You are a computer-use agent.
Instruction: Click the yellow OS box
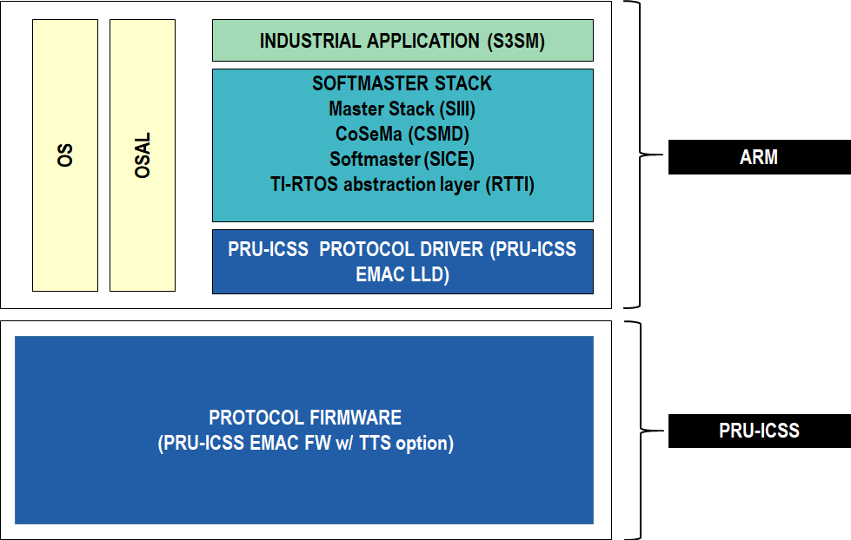[65, 155]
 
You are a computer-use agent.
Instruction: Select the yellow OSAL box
[143, 155]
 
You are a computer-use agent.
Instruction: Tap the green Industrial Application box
[402, 41]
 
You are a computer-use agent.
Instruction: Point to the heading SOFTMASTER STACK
[402, 84]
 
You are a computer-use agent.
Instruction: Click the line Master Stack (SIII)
[402, 109]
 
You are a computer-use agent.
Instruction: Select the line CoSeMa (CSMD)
[402, 135]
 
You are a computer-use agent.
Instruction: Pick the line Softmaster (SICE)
[402, 160]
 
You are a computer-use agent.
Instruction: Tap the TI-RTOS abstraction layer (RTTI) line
[402, 185]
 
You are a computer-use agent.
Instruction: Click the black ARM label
[759, 157]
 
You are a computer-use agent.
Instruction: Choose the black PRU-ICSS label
[759, 431]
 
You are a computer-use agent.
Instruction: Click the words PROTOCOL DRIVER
[401, 250]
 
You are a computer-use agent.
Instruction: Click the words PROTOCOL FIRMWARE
[305, 418]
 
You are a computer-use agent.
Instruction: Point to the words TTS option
[409, 443]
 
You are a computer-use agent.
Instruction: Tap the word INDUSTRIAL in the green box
[310, 41]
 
